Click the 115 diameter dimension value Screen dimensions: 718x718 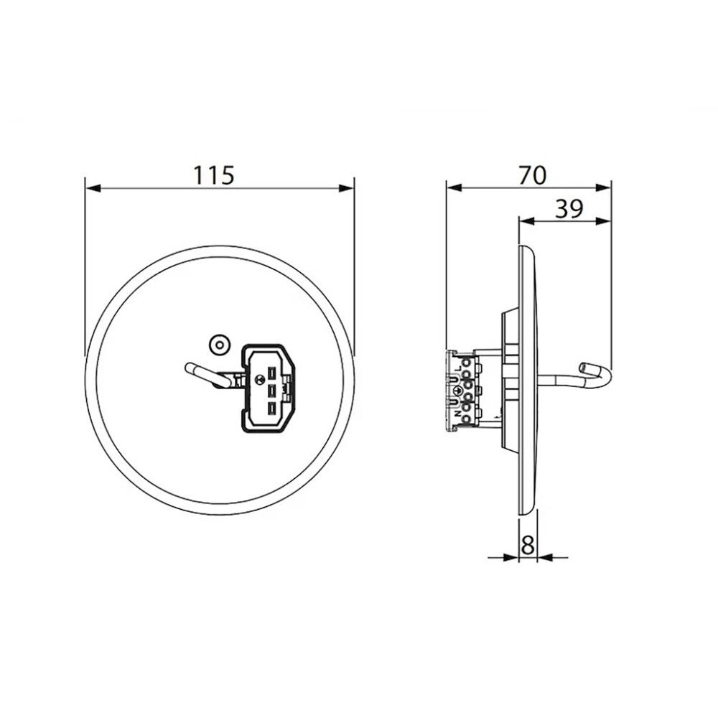[x=213, y=174]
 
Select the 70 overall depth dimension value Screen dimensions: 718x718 [x=531, y=174]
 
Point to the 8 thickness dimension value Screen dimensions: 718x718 [x=528, y=546]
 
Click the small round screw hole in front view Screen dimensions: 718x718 [x=217, y=345]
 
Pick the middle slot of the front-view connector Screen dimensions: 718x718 [x=272, y=391]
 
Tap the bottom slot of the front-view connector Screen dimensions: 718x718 [x=272, y=409]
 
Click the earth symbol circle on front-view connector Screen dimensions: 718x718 [x=256, y=380]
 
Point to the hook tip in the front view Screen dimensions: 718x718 [x=192, y=368]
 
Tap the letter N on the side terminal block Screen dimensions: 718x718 [x=457, y=414]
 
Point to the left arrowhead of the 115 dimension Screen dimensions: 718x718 [x=92, y=189]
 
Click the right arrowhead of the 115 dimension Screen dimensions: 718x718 [x=348, y=189]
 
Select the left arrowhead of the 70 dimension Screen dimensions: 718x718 [x=453, y=187]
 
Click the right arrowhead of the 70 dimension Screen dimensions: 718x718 [x=605, y=187]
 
